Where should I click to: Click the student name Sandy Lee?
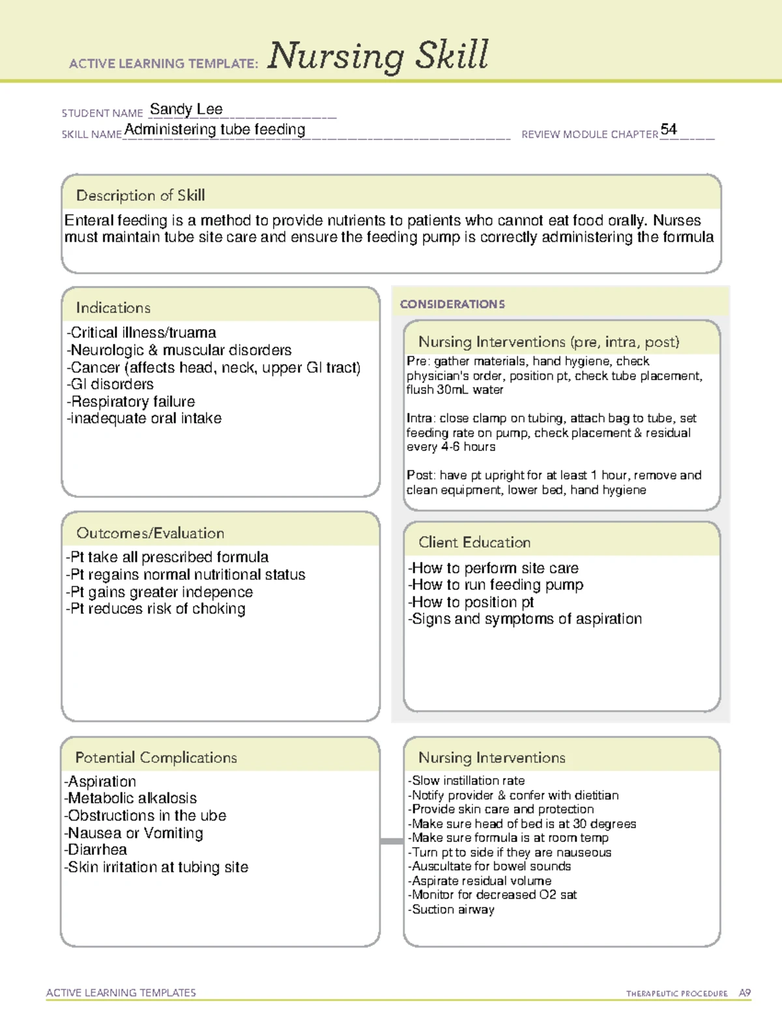tap(186, 109)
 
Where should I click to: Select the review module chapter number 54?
tap(669, 129)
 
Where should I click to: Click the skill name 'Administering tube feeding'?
tap(215, 130)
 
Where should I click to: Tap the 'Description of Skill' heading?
tap(140, 195)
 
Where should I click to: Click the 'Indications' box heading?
tap(113, 308)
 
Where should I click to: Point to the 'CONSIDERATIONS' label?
tap(452, 304)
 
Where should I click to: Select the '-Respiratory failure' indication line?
tap(131, 401)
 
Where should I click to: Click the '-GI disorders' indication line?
tap(110, 384)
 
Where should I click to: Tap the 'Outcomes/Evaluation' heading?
tap(150, 533)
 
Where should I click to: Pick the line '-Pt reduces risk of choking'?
tap(156, 609)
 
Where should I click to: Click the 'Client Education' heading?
tap(474, 542)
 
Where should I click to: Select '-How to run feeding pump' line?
tap(495, 585)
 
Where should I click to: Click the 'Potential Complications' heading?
tap(156, 757)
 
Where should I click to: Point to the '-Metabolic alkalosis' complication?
tap(130, 798)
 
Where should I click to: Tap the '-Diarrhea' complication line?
tap(96, 850)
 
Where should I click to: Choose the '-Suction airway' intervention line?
tap(451, 910)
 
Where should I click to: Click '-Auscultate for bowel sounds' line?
tap(489, 867)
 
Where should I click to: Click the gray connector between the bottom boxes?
tap(392, 841)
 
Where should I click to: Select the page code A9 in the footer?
tap(745, 993)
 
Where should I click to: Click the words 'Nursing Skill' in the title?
tap(378, 55)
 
